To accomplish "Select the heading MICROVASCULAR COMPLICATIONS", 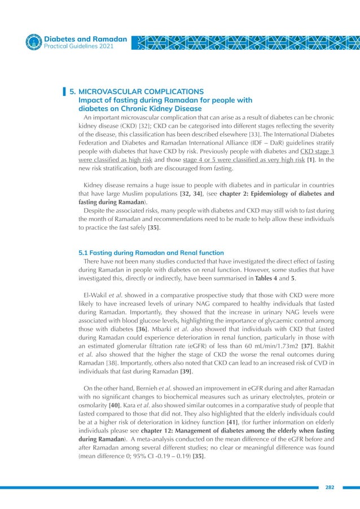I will [x=141, y=91].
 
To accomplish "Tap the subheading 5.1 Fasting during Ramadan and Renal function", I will [x=151, y=252].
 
